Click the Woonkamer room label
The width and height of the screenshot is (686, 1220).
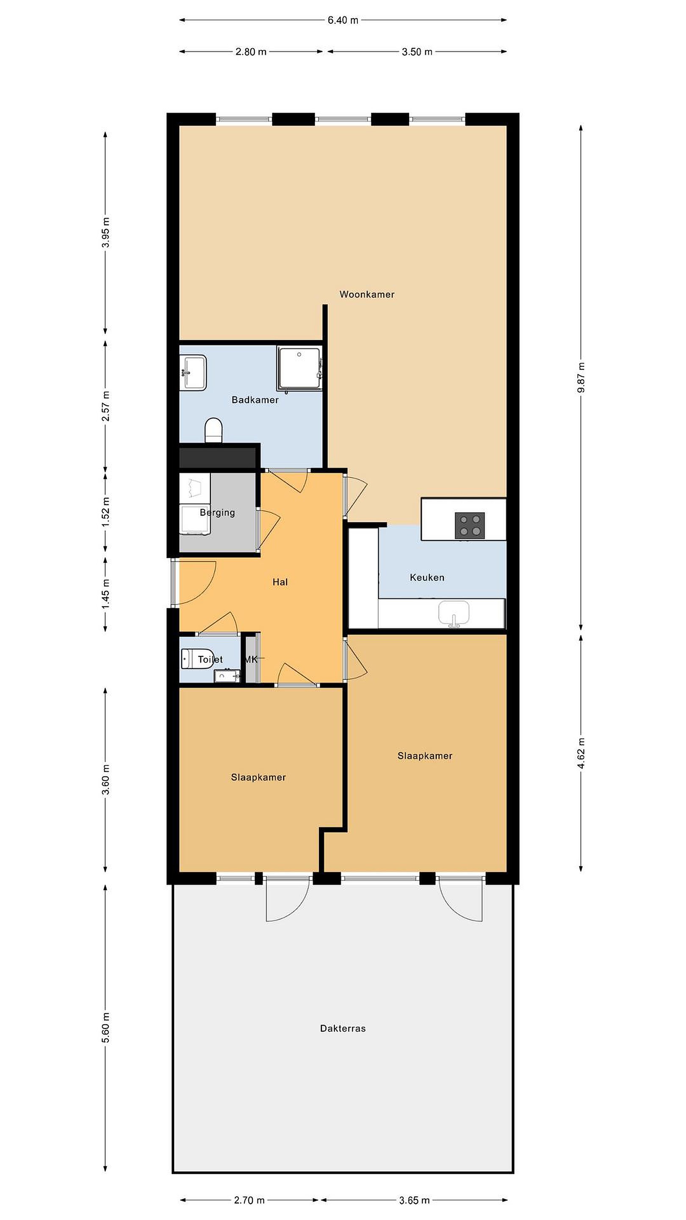(367, 294)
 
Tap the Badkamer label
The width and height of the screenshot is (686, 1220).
(254, 400)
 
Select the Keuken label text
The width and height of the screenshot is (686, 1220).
(427, 577)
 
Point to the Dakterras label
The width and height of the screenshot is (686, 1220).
(343, 1028)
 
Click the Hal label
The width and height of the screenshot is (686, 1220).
(280, 582)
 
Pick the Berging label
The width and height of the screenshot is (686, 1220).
(217, 513)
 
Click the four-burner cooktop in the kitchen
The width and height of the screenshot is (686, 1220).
(470, 526)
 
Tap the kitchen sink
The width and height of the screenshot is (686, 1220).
(454, 614)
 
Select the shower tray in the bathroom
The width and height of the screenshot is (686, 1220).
(299, 369)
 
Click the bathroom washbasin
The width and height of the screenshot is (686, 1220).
(193, 373)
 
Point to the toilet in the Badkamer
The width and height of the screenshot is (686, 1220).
(213, 430)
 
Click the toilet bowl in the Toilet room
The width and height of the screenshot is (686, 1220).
(198, 659)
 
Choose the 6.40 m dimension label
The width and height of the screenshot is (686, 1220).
(343, 20)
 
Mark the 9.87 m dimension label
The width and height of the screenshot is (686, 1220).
(581, 377)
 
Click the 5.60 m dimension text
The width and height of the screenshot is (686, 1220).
(105, 1028)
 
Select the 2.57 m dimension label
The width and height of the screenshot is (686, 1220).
(105, 406)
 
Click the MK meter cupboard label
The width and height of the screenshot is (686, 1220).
(252, 659)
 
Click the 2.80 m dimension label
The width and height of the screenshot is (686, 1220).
(251, 52)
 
